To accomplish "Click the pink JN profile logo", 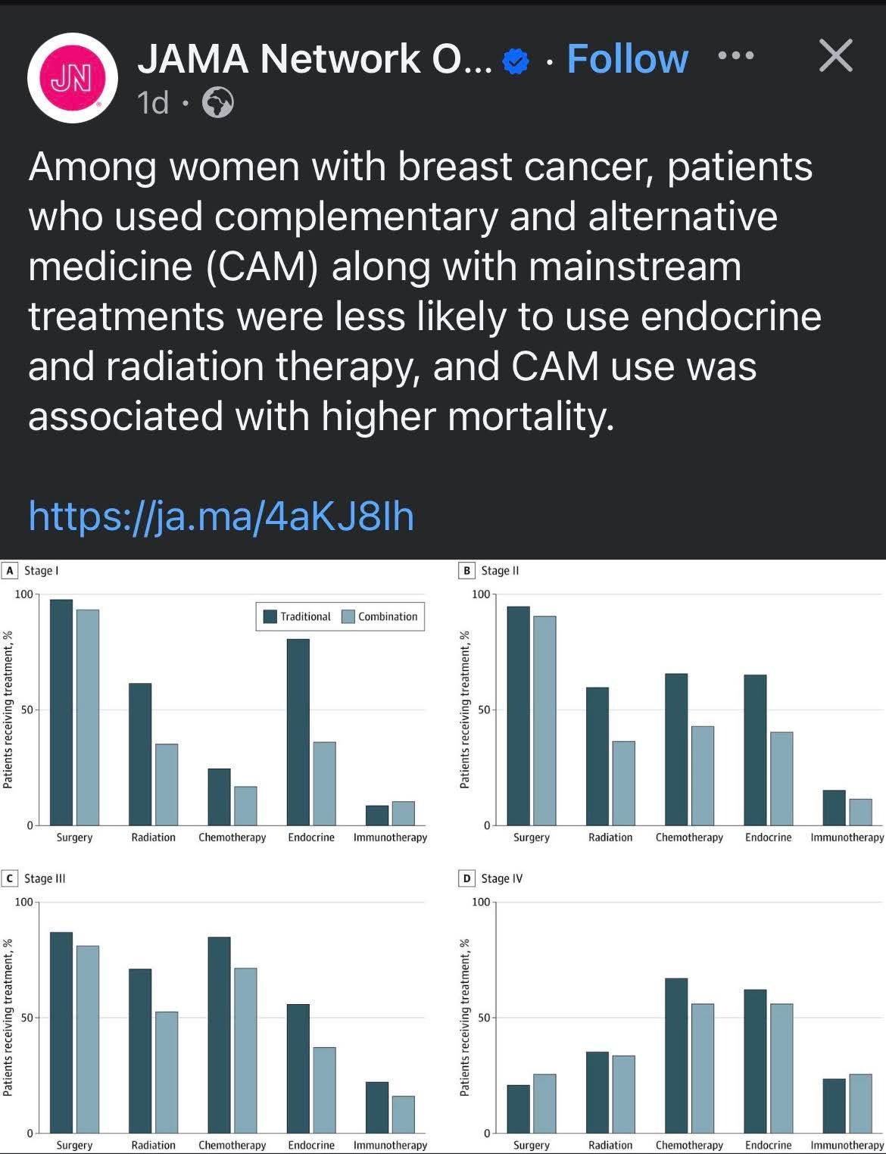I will click(72, 78).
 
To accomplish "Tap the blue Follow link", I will click(627, 59).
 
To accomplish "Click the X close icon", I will click(836, 55).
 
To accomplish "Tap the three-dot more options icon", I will click(735, 55).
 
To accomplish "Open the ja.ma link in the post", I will click(221, 516).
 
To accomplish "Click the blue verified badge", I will click(516, 61).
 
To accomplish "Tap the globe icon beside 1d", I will click(218, 102).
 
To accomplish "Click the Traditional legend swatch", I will click(270, 616).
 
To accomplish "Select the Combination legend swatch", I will click(348, 616).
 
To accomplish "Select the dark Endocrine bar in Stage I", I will click(298, 731).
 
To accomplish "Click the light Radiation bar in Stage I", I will click(167, 784).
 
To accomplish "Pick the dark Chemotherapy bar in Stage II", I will click(676, 749).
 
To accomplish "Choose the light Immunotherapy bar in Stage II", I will click(860, 812).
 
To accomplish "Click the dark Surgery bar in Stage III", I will click(61, 1032).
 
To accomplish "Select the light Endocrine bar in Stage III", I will click(324, 1090).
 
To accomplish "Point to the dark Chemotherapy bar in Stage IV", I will click(676, 1056).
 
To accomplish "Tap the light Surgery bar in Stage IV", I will click(544, 1103).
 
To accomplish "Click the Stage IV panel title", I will click(501, 878).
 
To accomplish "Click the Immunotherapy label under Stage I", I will click(390, 837).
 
